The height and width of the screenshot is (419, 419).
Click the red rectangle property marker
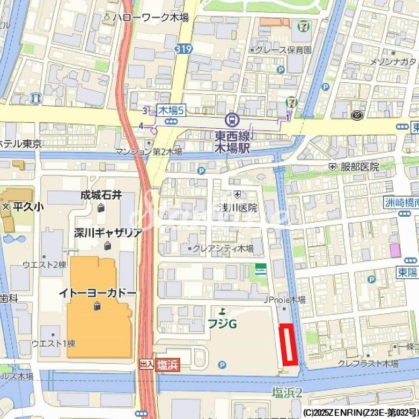click(x=289, y=345)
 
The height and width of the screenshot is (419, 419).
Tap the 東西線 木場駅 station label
click(x=232, y=142)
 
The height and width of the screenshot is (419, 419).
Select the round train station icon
click(x=232, y=119)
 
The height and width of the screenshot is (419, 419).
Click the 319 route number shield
click(x=183, y=49)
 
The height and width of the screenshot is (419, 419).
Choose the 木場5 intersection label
click(x=171, y=111)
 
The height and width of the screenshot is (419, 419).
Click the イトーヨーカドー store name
click(x=98, y=293)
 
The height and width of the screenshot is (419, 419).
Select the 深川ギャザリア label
click(x=108, y=233)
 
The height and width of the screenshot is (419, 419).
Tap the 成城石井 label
click(x=101, y=195)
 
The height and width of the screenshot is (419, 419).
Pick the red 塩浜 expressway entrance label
click(x=167, y=365)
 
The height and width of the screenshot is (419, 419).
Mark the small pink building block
click(x=395, y=250)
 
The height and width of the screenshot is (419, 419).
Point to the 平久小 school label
click(x=24, y=206)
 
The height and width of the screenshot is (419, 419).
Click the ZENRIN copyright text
click(x=360, y=413)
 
